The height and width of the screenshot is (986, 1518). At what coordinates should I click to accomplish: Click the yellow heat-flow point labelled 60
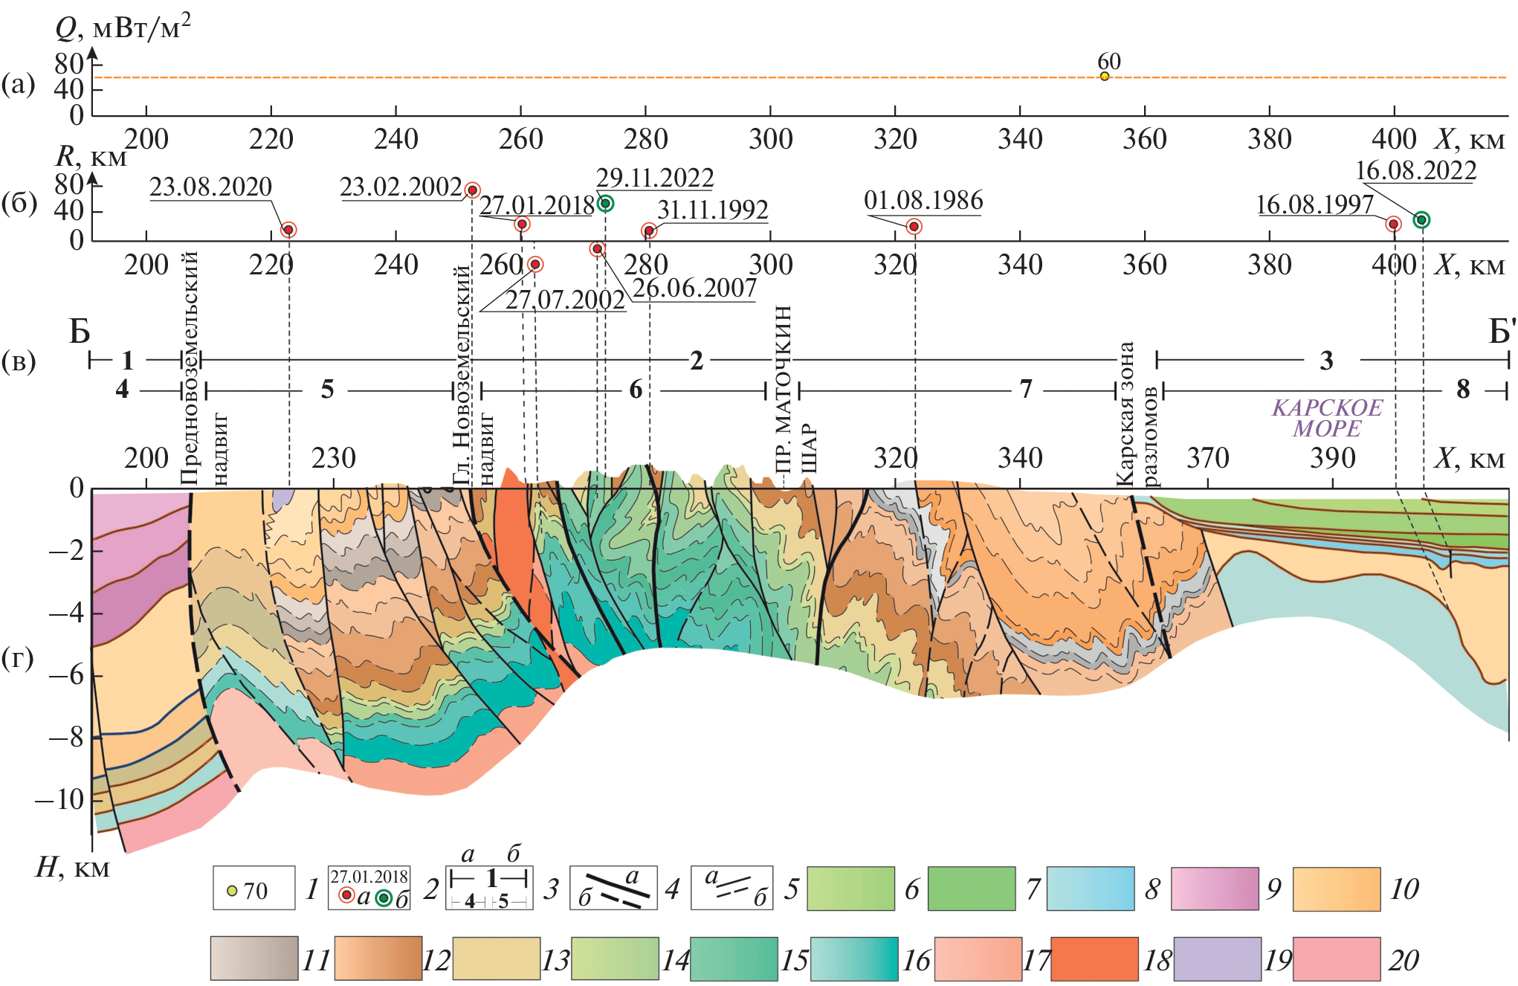click(x=1105, y=77)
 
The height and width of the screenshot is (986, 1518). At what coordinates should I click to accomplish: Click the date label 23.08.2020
click(x=210, y=187)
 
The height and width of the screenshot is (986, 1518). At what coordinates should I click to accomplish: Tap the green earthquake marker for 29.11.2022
click(x=606, y=204)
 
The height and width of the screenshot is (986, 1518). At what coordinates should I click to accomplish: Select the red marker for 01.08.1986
click(x=914, y=227)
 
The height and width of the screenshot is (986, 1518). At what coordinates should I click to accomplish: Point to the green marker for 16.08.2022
click(x=1421, y=219)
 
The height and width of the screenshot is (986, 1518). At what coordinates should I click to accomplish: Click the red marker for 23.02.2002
click(x=472, y=190)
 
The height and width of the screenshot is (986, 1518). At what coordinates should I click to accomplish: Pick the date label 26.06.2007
click(x=694, y=289)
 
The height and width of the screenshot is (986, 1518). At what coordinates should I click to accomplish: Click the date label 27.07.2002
click(x=565, y=300)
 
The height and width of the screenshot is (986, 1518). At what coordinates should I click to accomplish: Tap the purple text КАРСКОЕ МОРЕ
click(x=1327, y=418)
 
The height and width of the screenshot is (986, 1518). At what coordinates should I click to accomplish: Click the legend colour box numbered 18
click(x=1094, y=959)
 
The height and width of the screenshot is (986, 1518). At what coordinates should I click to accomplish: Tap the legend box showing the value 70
click(x=253, y=888)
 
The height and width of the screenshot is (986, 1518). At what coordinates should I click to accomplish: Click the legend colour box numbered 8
click(x=1090, y=888)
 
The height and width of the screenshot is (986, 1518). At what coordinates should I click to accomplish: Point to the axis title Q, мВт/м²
click(x=123, y=28)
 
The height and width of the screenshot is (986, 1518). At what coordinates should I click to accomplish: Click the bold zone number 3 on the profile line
click(x=1326, y=361)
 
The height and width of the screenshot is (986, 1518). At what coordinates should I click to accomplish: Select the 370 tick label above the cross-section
click(x=1207, y=458)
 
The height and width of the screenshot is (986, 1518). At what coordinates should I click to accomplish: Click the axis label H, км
click(x=72, y=868)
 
